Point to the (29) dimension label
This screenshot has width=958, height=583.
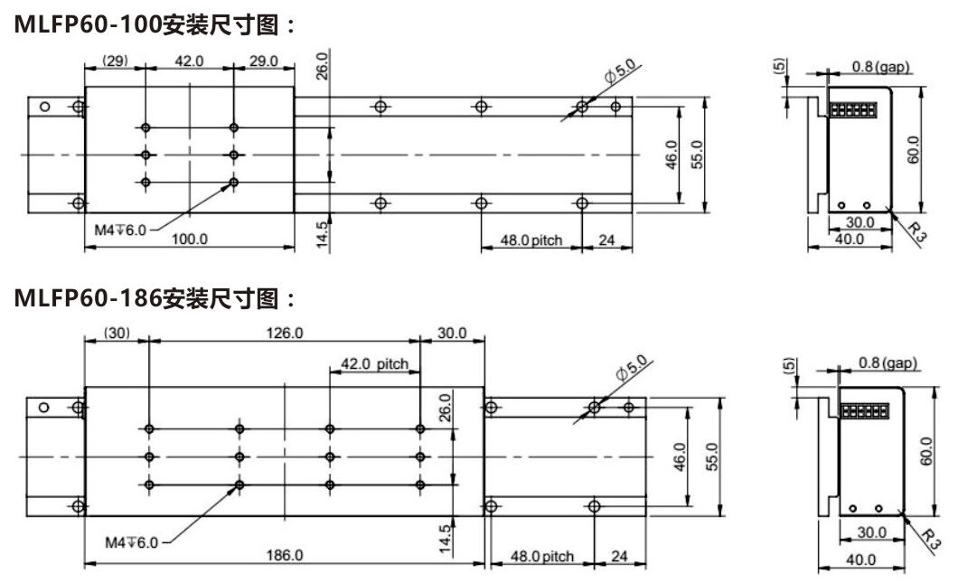(115, 61)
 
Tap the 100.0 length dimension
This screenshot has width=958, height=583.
(190, 239)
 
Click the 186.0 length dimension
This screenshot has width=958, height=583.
(284, 555)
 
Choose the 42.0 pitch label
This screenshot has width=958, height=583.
(374, 364)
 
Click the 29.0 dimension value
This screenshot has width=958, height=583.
(264, 61)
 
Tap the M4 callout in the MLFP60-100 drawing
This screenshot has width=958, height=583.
(118, 230)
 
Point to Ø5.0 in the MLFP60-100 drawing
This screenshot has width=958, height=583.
(621, 76)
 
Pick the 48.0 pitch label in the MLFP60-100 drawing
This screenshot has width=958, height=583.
(531, 240)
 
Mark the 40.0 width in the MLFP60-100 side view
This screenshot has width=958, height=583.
(848, 240)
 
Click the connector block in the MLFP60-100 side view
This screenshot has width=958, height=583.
(853, 110)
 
